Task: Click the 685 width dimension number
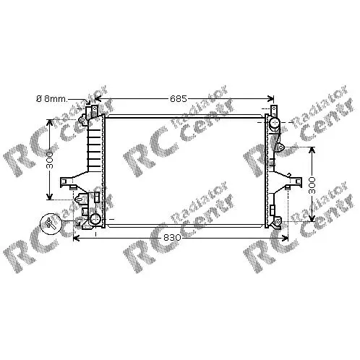click(x=179, y=98)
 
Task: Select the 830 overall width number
click(x=172, y=238)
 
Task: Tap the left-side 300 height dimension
click(x=50, y=160)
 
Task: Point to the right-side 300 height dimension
click(x=312, y=185)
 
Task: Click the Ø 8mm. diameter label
click(x=51, y=99)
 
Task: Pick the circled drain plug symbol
click(x=51, y=223)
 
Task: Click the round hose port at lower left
click(x=95, y=219)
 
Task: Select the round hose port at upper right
click(x=274, y=123)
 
